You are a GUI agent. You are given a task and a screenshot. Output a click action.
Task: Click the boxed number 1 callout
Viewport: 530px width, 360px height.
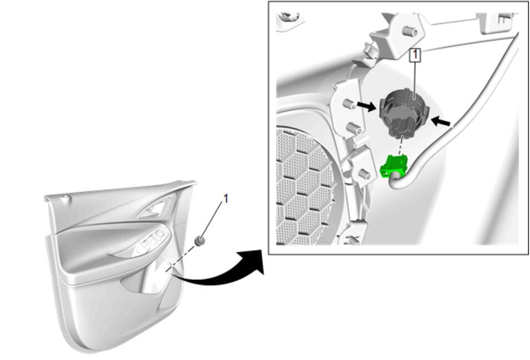(x=415, y=55)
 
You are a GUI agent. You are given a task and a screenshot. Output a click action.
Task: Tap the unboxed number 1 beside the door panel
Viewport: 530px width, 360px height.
(x=226, y=199)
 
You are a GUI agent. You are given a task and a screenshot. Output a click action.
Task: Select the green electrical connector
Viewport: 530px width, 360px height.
(x=394, y=166)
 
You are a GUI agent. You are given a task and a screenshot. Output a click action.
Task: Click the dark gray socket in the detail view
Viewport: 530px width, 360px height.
(x=404, y=113)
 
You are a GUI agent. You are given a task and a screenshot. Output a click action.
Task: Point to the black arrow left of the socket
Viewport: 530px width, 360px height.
(x=366, y=106)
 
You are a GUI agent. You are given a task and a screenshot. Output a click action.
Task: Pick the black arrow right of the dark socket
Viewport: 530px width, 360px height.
(x=441, y=121)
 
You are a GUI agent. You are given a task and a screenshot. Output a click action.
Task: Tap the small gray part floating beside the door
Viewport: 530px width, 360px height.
(x=200, y=241)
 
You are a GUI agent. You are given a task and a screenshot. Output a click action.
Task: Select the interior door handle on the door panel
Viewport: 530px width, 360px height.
(x=154, y=209)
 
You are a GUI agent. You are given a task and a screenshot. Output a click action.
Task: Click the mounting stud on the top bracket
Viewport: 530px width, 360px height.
(x=410, y=32)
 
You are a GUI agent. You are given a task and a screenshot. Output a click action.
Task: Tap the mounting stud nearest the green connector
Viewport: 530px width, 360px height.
(x=364, y=174)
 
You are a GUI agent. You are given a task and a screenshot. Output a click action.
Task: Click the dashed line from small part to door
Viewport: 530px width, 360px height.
(x=181, y=259)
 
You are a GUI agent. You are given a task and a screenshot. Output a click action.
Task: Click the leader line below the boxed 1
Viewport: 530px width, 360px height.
(x=415, y=81)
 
